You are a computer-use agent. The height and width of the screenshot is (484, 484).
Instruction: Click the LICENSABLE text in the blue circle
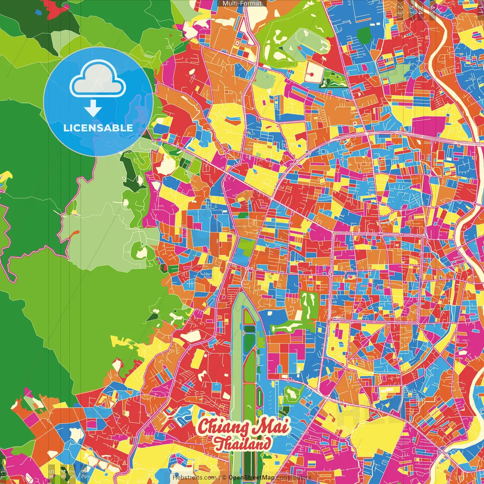[98, 128]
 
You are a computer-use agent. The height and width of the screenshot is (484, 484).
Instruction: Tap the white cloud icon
[98, 80]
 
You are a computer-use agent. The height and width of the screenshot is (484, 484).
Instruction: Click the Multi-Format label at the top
[242, 3]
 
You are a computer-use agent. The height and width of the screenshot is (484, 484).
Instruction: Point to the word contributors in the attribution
[294, 478]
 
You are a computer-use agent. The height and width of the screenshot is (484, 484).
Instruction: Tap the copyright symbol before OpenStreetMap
[224, 478]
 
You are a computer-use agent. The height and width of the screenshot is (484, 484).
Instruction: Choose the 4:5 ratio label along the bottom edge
[51, 473]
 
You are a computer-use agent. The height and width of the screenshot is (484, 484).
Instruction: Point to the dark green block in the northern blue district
[364, 36]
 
